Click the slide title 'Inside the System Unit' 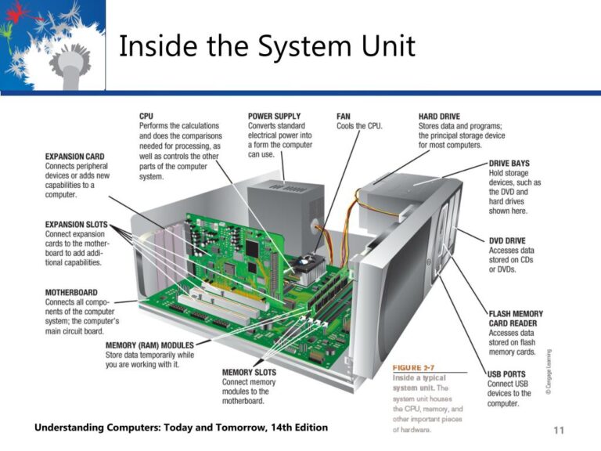266,49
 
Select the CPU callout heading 146,116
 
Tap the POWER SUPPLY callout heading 274,116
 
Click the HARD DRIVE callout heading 444,116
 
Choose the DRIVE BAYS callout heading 509,164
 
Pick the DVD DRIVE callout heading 507,241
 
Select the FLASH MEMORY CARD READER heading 515,319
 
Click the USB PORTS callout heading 508,374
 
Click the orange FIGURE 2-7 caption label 412,367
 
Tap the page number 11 558,430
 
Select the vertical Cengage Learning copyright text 548,372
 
